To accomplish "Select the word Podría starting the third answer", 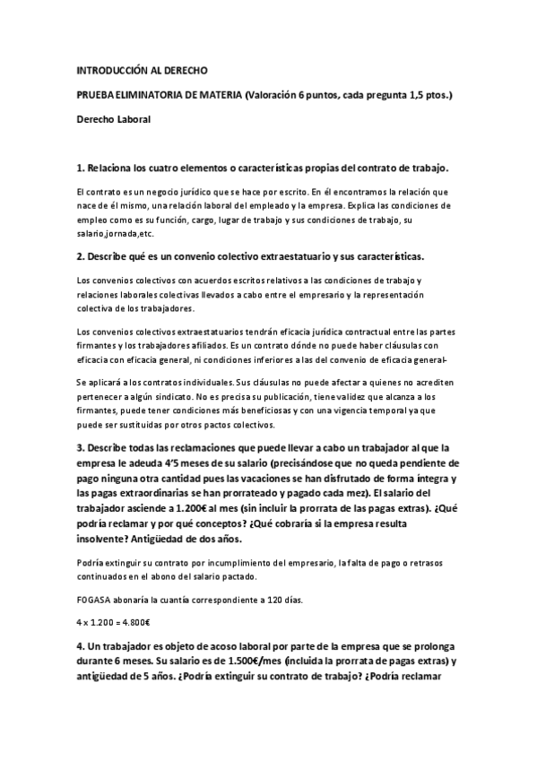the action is click(91, 562).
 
